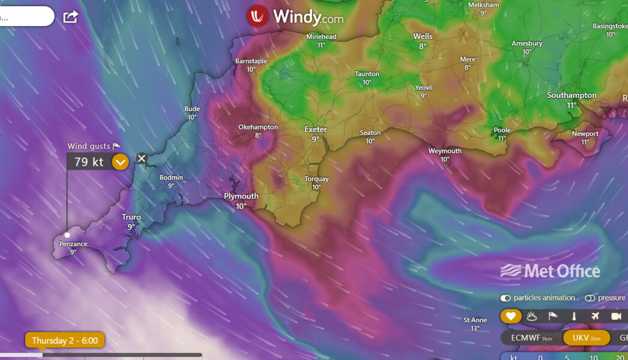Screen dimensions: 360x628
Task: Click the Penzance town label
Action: pyautogui.click(x=73, y=244)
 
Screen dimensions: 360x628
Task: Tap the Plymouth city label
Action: pyautogui.click(x=241, y=196)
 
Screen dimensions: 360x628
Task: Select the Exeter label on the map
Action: pyautogui.click(x=315, y=130)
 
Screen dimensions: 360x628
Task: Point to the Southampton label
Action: pyautogui.click(x=572, y=95)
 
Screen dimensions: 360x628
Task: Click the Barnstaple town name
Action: pyautogui.click(x=251, y=61)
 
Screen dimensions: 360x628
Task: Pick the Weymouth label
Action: pyautogui.click(x=444, y=151)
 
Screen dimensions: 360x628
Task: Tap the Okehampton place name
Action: pyautogui.click(x=258, y=127)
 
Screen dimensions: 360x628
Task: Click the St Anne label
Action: pyautogui.click(x=475, y=320)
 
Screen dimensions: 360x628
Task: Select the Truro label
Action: pyautogui.click(x=131, y=217)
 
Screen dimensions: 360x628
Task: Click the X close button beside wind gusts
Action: pyautogui.click(x=142, y=158)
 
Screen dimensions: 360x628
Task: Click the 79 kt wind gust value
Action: pyautogui.click(x=89, y=162)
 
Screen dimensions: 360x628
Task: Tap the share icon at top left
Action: pyautogui.click(x=71, y=17)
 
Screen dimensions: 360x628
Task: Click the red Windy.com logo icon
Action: pyautogui.click(x=257, y=16)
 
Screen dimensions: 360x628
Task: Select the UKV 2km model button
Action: pyautogui.click(x=586, y=338)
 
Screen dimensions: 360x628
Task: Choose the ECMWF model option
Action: pyautogui.click(x=526, y=338)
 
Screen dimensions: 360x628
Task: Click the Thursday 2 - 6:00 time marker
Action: pyautogui.click(x=65, y=341)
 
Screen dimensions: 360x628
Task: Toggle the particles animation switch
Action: pyautogui.click(x=506, y=298)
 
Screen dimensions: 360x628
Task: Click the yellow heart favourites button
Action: pyautogui.click(x=510, y=316)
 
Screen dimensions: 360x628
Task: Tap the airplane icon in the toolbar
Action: pyautogui.click(x=594, y=316)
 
